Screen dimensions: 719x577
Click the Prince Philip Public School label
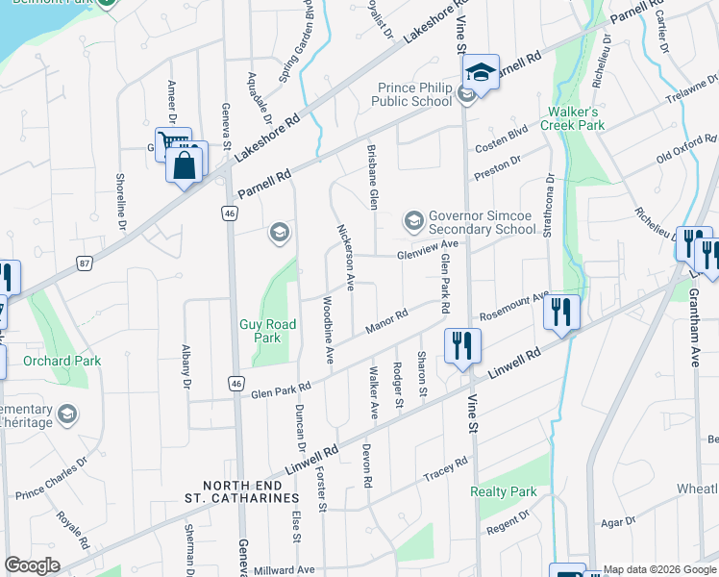pyautogui.click(x=413, y=94)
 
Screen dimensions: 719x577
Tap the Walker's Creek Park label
pyautogui.click(x=572, y=118)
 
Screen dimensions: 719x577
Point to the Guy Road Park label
pyautogui.click(x=260, y=331)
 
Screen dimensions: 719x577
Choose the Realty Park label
pyautogui.click(x=504, y=491)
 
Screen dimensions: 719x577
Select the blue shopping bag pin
pyautogui.click(x=185, y=164)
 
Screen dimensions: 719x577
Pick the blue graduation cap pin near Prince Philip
pyautogui.click(x=481, y=71)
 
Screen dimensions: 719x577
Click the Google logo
pyautogui.click(x=33, y=565)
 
